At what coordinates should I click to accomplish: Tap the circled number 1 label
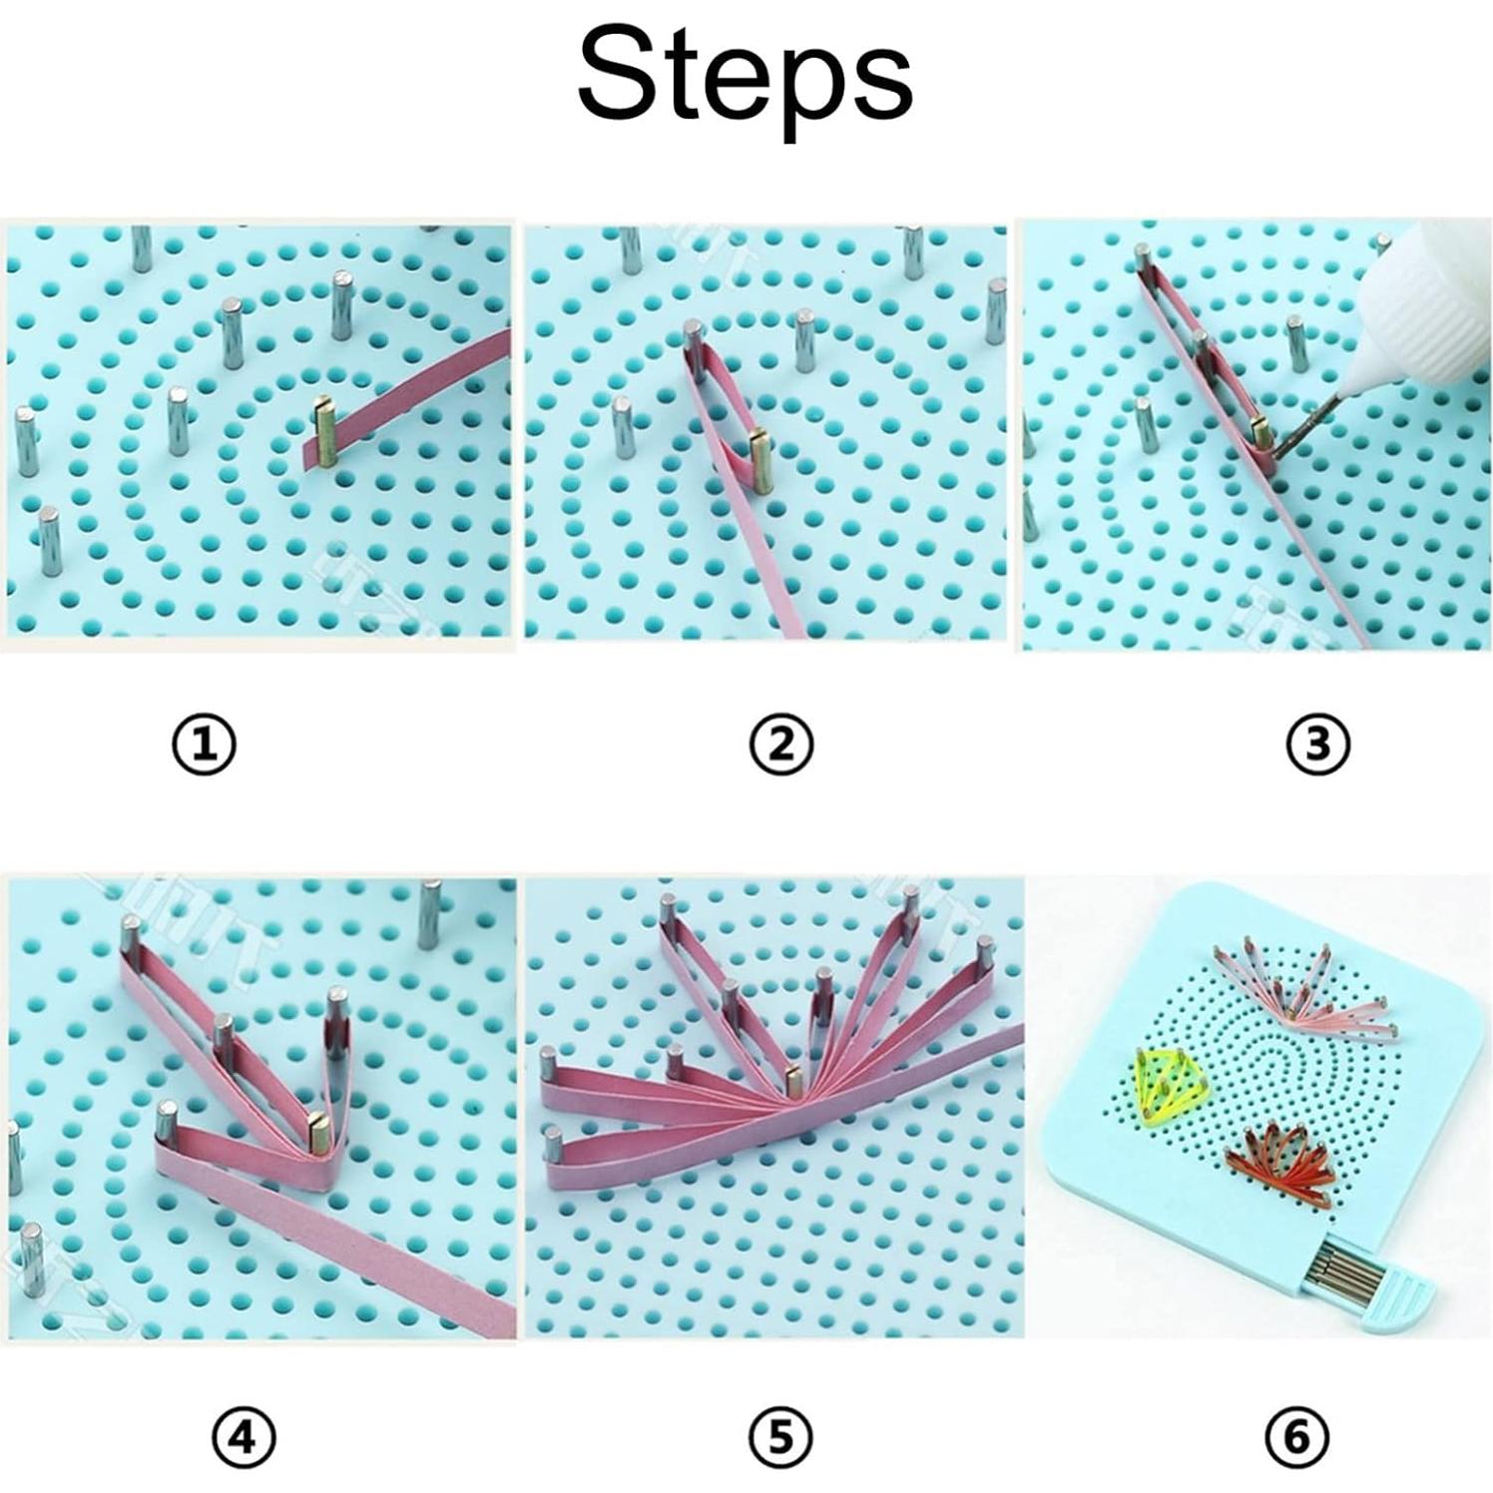pyautogui.click(x=205, y=745)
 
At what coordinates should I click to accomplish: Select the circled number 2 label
pyautogui.click(x=781, y=745)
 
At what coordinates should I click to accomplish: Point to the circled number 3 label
pyautogui.click(x=1318, y=745)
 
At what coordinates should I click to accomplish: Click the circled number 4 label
pyautogui.click(x=244, y=1438)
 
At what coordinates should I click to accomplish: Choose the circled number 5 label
pyautogui.click(x=781, y=1438)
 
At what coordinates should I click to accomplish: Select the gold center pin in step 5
pyautogui.click(x=794, y=1081)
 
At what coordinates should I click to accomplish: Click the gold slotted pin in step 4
pyautogui.click(x=320, y=1131)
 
